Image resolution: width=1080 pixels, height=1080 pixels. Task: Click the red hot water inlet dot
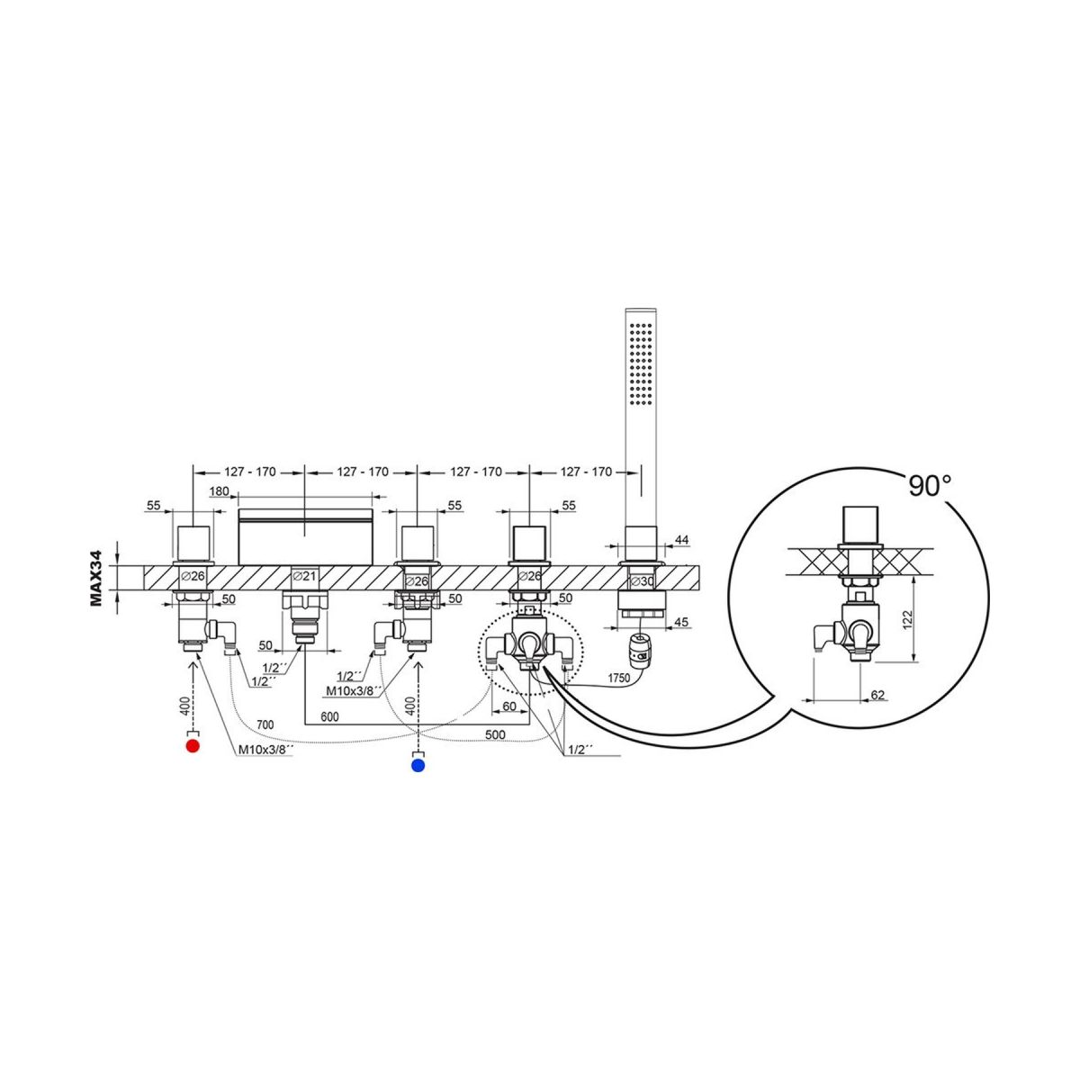[x=193, y=746]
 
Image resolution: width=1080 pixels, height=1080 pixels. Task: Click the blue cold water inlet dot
[x=418, y=766]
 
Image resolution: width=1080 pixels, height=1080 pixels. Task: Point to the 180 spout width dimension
[x=219, y=491]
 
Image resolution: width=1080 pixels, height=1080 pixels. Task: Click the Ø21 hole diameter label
[x=304, y=576]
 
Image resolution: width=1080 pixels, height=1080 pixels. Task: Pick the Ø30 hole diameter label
[x=642, y=581]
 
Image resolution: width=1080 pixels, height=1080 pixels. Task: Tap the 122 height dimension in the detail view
[x=908, y=617]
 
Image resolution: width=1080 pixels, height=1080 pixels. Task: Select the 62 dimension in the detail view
[x=877, y=695]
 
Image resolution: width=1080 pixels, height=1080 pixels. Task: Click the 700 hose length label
[x=265, y=724]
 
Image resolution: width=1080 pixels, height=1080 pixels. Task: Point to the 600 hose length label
[x=329, y=716]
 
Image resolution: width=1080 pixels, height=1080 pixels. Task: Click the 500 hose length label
[x=495, y=734]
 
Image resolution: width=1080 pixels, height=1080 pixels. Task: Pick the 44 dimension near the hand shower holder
[x=682, y=540]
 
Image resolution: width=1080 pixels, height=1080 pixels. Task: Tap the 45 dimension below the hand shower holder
[x=681, y=622]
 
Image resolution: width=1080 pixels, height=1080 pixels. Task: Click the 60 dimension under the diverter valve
[x=508, y=706]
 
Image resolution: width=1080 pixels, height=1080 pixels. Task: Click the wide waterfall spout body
[x=305, y=536]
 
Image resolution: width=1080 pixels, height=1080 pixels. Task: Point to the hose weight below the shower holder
[x=639, y=650]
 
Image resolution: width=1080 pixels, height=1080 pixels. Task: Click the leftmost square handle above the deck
[x=193, y=544]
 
